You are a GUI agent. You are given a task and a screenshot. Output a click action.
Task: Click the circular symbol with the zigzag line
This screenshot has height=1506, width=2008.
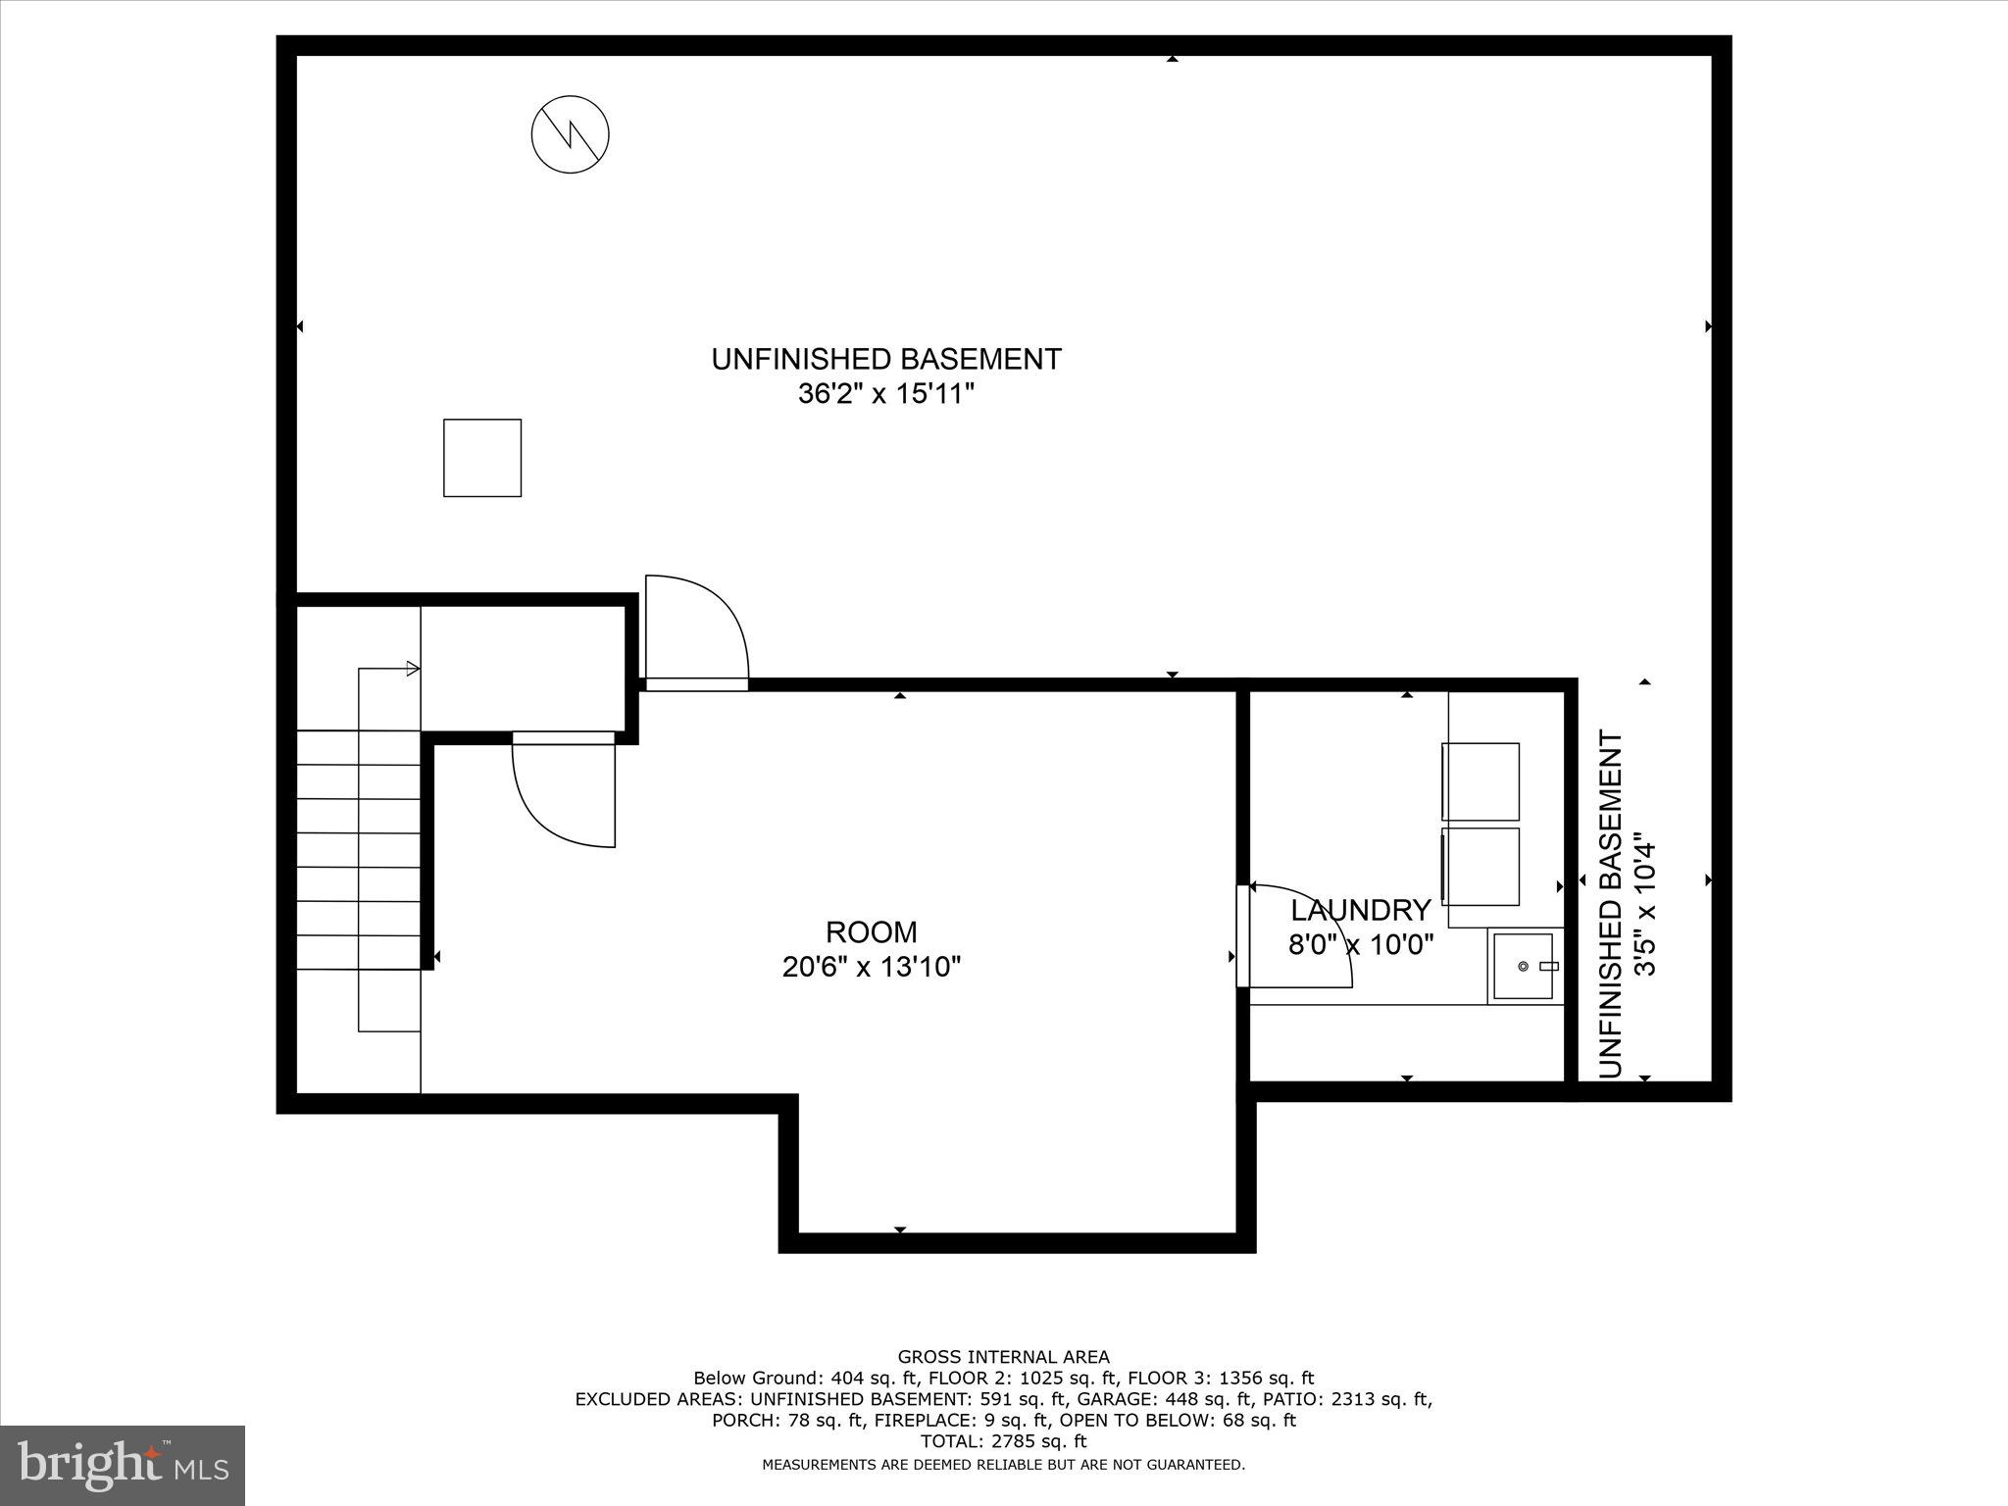click(571, 135)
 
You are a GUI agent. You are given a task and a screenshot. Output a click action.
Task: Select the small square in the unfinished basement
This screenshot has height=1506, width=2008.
click(482, 458)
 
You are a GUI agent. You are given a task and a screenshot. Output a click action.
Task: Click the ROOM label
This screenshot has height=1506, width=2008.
click(871, 931)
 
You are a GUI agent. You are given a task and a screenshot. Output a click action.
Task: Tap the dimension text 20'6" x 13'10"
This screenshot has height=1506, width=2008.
click(871, 968)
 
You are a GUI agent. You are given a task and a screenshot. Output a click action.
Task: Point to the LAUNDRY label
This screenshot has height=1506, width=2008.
click(1360, 910)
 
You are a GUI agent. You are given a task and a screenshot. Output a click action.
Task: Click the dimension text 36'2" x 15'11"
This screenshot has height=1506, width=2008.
click(886, 394)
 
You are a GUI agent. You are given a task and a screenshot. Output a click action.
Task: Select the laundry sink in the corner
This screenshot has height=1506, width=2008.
click(1523, 967)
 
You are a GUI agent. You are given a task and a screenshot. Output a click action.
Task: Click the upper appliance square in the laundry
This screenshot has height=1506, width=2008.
click(1481, 781)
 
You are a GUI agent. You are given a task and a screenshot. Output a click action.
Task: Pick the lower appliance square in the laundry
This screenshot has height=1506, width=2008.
click(1481, 867)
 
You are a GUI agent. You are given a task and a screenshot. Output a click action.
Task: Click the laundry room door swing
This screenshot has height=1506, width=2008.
click(1299, 936)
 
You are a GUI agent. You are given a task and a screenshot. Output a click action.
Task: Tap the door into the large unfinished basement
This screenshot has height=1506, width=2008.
click(696, 632)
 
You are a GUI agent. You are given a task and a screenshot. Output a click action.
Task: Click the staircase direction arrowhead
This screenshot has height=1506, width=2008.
click(414, 669)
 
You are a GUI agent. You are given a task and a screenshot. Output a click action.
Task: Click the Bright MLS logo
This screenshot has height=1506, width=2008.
click(123, 1465)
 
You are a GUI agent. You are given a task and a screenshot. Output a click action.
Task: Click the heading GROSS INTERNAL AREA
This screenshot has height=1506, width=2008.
click(1003, 1357)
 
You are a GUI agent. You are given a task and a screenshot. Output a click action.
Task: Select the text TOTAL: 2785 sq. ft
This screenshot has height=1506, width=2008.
click(1003, 1441)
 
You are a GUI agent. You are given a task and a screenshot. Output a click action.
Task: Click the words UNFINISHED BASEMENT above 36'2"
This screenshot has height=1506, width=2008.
click(886, 359)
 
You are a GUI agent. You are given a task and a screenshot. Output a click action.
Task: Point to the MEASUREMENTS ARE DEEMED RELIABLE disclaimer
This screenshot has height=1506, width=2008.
click(1003, 1465)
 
